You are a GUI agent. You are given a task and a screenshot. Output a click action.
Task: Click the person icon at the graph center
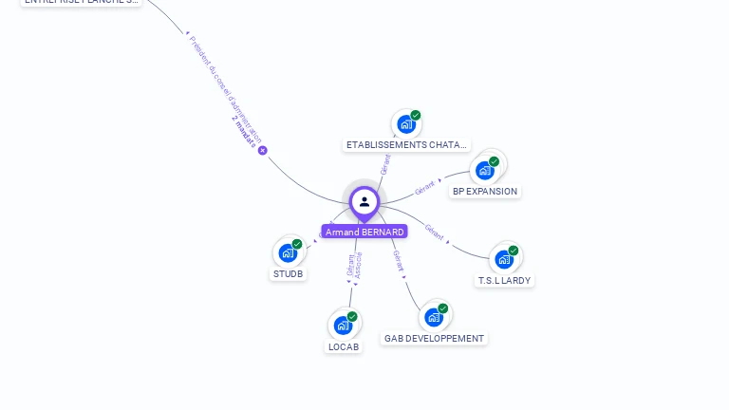(x=364, y=201)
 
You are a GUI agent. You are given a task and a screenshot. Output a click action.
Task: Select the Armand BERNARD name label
(x=364, y=232)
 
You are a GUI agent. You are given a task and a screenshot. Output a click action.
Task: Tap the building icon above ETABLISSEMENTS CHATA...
(x=406, y=124)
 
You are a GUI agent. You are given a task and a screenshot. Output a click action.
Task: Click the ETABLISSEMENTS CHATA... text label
(x=406, y=145)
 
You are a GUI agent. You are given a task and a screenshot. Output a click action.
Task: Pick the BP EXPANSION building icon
(x=485, y=171)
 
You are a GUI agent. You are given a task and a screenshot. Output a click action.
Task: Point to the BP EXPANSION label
(x=485, y=192)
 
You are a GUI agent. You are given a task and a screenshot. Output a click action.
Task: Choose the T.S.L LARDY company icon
(x=504, y=259)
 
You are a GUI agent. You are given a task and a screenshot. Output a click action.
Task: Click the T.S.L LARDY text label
(x=504, y=281)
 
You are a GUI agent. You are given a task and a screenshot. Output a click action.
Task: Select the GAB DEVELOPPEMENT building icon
(x=434, y=317)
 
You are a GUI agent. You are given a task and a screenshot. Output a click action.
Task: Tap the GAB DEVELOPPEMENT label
(x=434, y=339)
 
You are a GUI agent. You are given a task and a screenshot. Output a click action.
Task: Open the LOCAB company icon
(x=344, y=326)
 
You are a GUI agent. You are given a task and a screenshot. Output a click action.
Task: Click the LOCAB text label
(x=344, y=347)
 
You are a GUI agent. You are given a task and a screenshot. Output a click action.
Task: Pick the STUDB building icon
(x=288, y=253)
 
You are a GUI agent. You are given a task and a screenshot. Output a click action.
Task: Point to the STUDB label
(x=289, y=274)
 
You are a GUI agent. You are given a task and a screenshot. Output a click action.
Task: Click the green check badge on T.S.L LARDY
(x=514, y=251)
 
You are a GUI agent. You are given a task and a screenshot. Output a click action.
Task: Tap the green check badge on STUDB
(x=297, y=244)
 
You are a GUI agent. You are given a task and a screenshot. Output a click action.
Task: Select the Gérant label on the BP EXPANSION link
(x=424, y=187)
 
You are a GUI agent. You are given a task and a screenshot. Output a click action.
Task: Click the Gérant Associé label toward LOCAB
(x=353, y=265)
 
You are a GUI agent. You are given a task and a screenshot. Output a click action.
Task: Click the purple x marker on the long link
(x=263, y=150)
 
